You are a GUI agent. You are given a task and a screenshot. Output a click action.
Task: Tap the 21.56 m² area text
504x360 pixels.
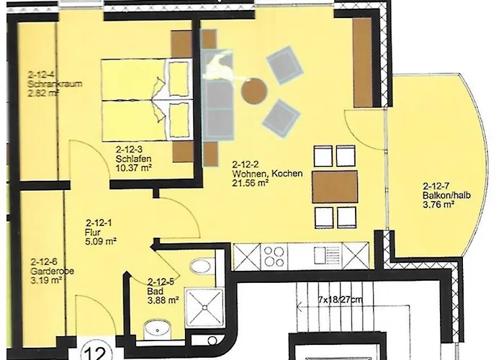[x=250, y=184]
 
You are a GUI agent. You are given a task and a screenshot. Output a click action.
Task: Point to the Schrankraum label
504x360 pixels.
[x=55, y=84]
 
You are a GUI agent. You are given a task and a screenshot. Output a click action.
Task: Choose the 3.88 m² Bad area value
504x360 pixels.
[x=162, y=301]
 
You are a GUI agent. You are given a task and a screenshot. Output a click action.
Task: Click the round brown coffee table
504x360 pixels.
[x=254, y=91]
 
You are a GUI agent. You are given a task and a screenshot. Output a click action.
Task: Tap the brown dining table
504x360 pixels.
[x=336, y=186]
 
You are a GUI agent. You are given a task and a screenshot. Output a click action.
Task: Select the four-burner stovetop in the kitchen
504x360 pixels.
[x=276, y=256]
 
